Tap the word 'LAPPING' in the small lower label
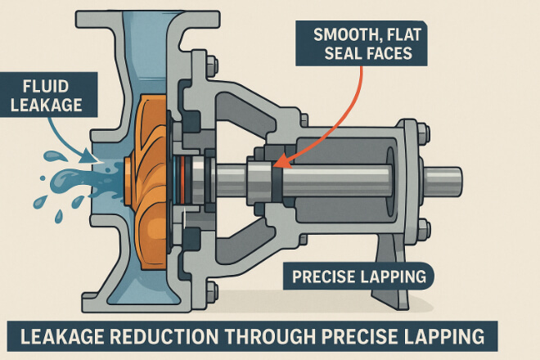click(x=391, y=277)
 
